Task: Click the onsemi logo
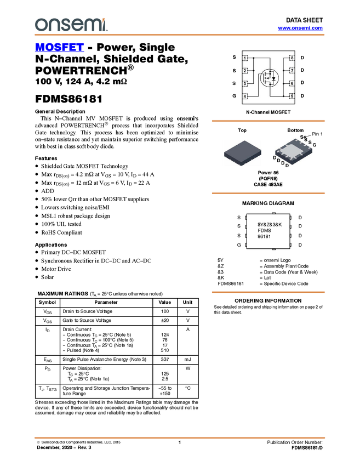click(71, 25)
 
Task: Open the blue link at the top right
click(300, 28)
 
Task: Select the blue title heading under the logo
click(59, 48)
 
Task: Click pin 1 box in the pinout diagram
click(245, 58)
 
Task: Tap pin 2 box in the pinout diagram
click(245, 71)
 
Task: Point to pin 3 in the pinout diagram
click(245, 83)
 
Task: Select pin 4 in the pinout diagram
click(245, 96)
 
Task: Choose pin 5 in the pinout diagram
click(292, 96)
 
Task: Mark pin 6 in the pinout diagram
click(292, 83)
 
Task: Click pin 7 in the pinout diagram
click(292, 71)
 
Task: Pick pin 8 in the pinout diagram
click(292, 58)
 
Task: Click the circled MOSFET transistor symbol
click(268, 77)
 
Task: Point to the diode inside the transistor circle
click(273, 77)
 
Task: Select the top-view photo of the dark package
click(242, 152)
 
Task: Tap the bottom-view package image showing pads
click(294, 151)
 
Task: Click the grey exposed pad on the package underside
click(294, 150)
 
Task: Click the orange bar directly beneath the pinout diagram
click(268, 121)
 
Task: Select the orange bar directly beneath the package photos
click(268, 194)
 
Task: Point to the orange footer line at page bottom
click(179, 437)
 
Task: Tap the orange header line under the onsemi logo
click(179, 35)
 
